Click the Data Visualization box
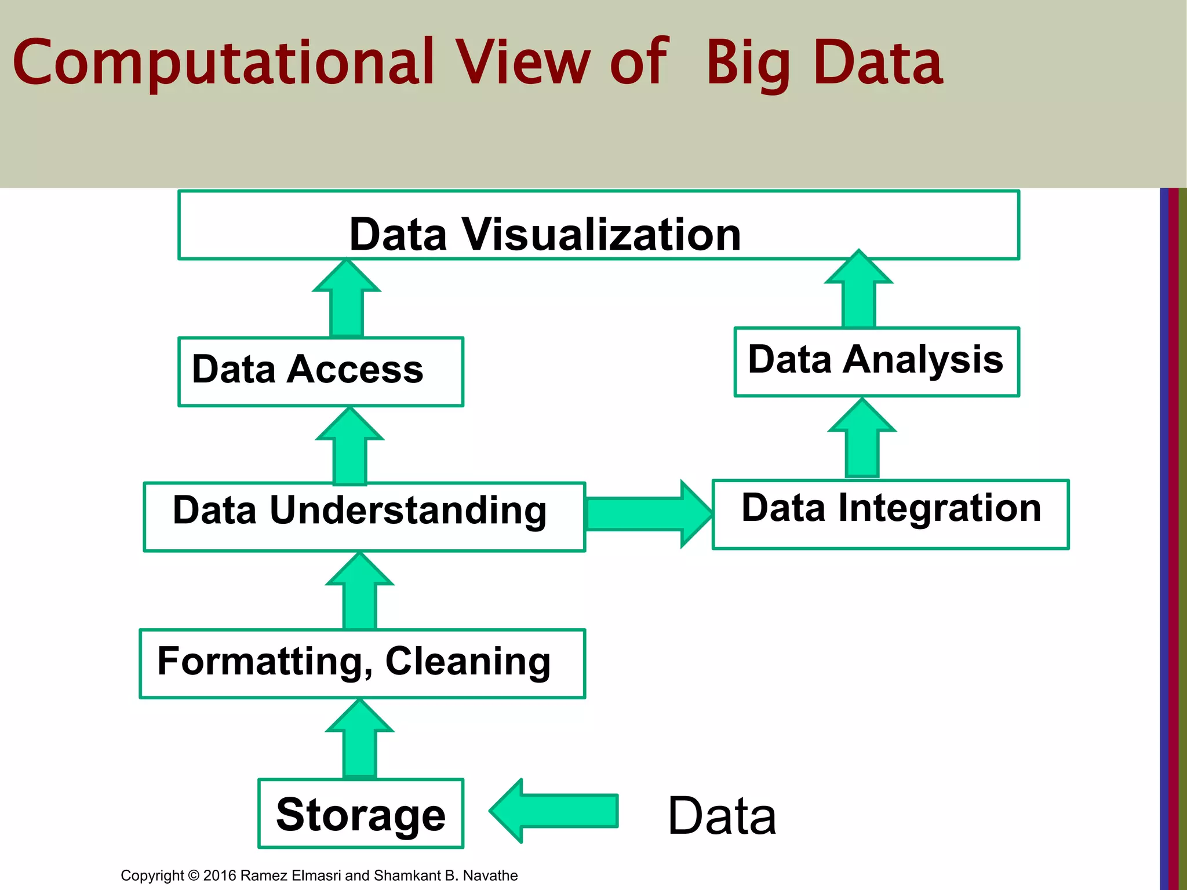tap(598, 225)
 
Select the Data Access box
tap(321, 371)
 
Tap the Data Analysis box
tap(876, 362)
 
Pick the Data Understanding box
tap(364, 516)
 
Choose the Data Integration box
tap(890, 514)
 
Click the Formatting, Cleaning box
tap(362, 663)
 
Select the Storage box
tap(361, 813)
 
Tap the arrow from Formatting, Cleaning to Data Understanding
tap(360, 592)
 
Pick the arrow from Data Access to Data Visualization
tap(347, 299)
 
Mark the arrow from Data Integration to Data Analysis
tap(862, 439)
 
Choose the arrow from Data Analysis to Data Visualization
tap(859, 290)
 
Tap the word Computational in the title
tap(223, 62)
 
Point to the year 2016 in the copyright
tap(220, 875)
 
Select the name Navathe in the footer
tap(490, 875)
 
